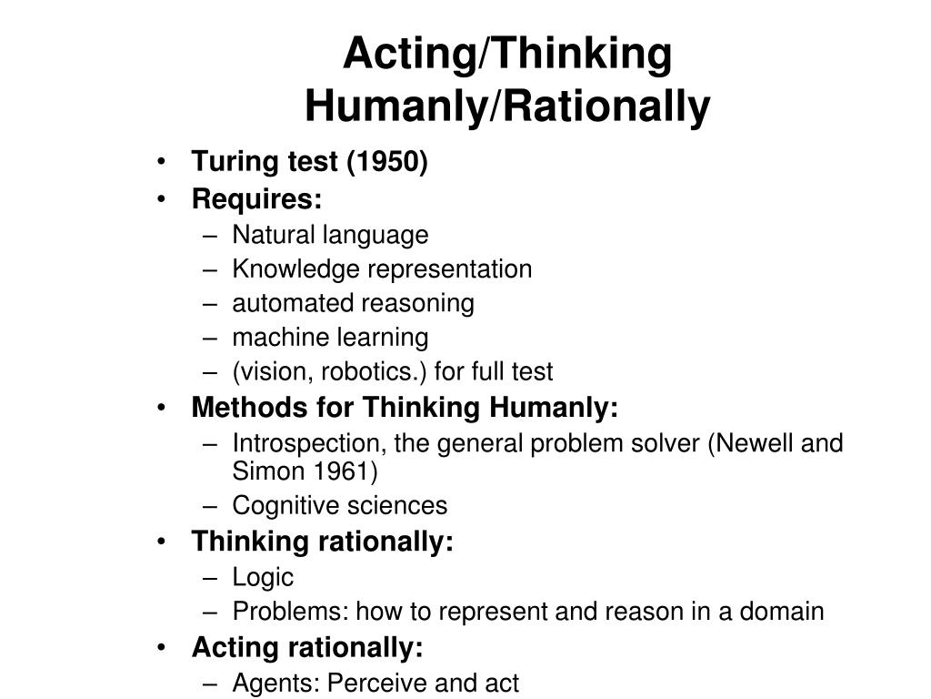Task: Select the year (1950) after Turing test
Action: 387,162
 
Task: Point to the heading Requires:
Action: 256,199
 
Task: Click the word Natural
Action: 273,234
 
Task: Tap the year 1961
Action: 342,471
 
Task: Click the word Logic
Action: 263,578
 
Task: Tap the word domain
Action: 781,612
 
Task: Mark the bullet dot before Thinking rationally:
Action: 162,542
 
